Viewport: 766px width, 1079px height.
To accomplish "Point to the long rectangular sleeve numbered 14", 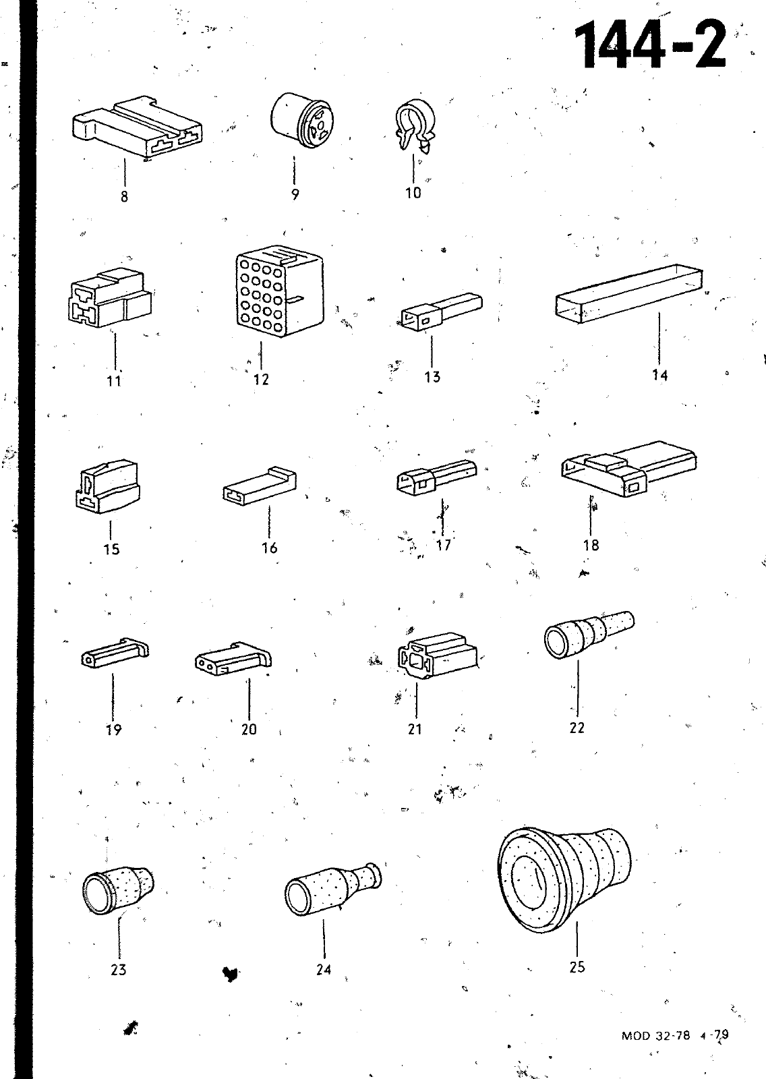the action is pyautogui.click(x=628, y=293).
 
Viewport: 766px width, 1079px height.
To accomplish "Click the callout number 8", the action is pyautogui.click(x=124, y=196).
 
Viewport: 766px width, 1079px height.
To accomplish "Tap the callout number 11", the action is pyautogui.click(x=114, y=381).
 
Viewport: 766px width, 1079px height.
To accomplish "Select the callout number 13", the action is pyautogui.click(x=433, y=377).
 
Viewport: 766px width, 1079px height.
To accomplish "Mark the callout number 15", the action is pyautogui.click(x=111, y=549).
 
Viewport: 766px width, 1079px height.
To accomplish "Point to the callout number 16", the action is pyautogui.click(x=270, y=548).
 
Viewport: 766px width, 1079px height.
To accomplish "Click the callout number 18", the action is pyautogui.click(x=591, y=546).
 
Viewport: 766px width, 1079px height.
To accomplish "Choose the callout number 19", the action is pyautogui.click(x=114, y=730).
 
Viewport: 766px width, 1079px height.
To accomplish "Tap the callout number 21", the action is pyautogui.click(x=415, y=729).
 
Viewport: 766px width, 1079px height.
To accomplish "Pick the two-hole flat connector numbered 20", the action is pyautogui.click(x=234, y=658).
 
